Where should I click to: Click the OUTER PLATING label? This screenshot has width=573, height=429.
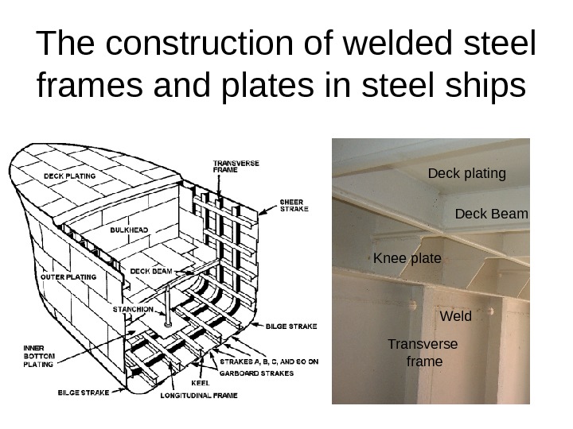click(x=70, y=277)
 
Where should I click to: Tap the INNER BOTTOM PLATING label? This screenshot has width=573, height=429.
click(x=37, y=356)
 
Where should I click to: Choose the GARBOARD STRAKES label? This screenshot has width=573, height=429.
click(x=256, y=372)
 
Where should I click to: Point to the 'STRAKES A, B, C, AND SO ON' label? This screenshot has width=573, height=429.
click(x=268, y=361)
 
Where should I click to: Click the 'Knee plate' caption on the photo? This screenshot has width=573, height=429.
click(x=407, y=258)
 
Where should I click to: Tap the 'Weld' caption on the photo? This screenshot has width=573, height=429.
click(x=455, y=316)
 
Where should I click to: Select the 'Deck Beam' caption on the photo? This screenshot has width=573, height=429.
click(x=491, y=214)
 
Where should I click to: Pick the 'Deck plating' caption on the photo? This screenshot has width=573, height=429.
click(x=466, y=172)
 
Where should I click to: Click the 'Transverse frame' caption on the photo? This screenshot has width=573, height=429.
click(x=423, y=353)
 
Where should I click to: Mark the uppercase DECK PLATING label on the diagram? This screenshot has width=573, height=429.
click(x=69, y=176)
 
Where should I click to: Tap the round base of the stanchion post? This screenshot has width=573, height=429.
click(x=167, y=323)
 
